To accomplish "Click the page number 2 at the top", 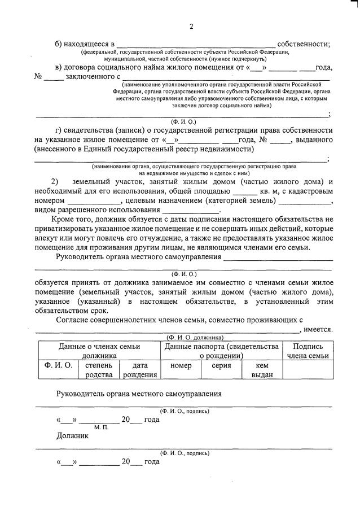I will click(191, 27).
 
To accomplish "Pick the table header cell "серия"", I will click(221, 366).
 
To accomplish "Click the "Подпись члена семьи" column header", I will click(308, 351).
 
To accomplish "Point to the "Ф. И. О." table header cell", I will click(55, 366).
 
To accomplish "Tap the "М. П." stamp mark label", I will click(101, 428).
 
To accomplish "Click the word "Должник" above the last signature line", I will click(73, 436).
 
